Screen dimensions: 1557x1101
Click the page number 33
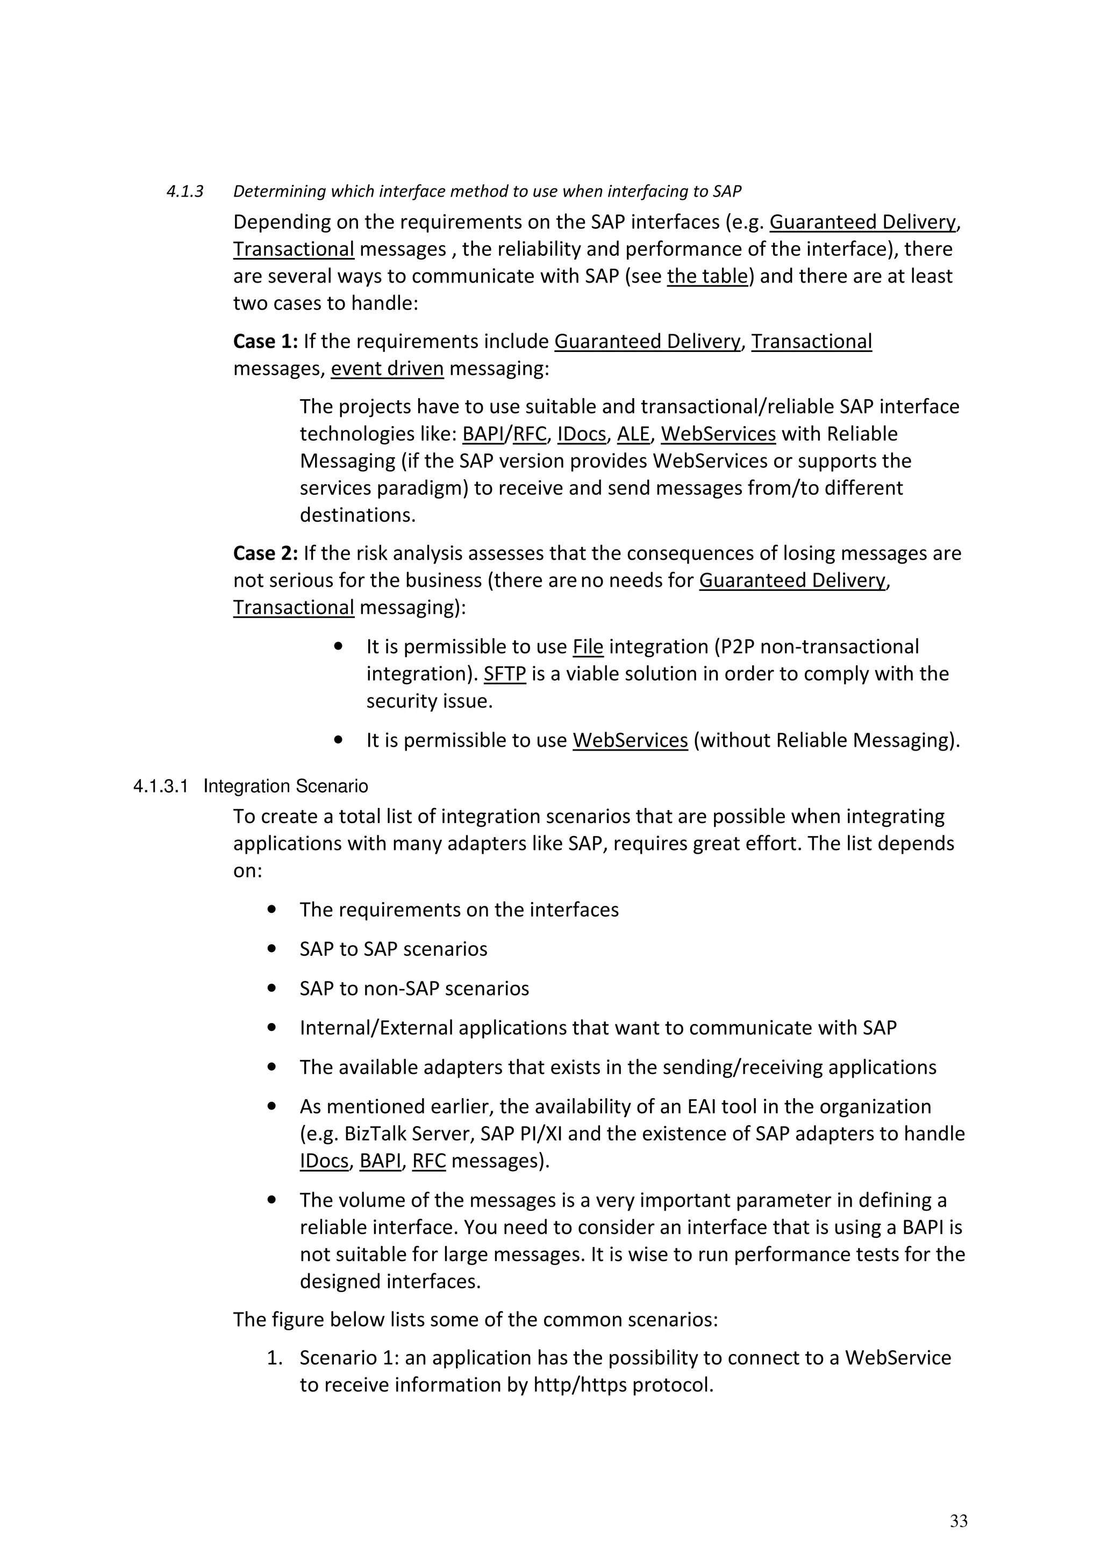pyautogui.click(x=958, y=1520)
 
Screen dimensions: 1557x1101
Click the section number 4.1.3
pyautogui.click(x=184, y=192)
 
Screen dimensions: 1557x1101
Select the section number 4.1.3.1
pyautogui.click(x=160, y=787)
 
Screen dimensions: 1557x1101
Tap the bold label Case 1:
pyautogui.click(x=265, y=341)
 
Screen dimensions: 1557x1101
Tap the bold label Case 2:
pyautogui.click(x=265, y=553)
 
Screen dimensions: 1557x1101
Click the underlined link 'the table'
pyautogui.click(x=707, y=277)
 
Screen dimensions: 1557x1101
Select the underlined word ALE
pyautogui.click(x=633, y=434)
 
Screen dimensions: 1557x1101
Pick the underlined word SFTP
pyautogui.click(x=504, y=674)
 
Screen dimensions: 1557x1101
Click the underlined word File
pyautogui.click(x=588, y=647)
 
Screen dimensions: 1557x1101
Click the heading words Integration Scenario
pyautogui.click(x=285, y=787)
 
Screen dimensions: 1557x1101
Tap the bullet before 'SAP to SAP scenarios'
pyautogui.click(x=272, y=949)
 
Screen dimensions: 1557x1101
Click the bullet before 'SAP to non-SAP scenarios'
pyautogui.click(x=272, y=988)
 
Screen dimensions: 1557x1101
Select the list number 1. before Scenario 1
pyautogui.click(x=275, y=1358)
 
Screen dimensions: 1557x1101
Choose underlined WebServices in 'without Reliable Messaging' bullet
pyautogui.click(x=630, y=740)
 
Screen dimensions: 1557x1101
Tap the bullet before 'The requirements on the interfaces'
pyautogui.click(x=272, y=910)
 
